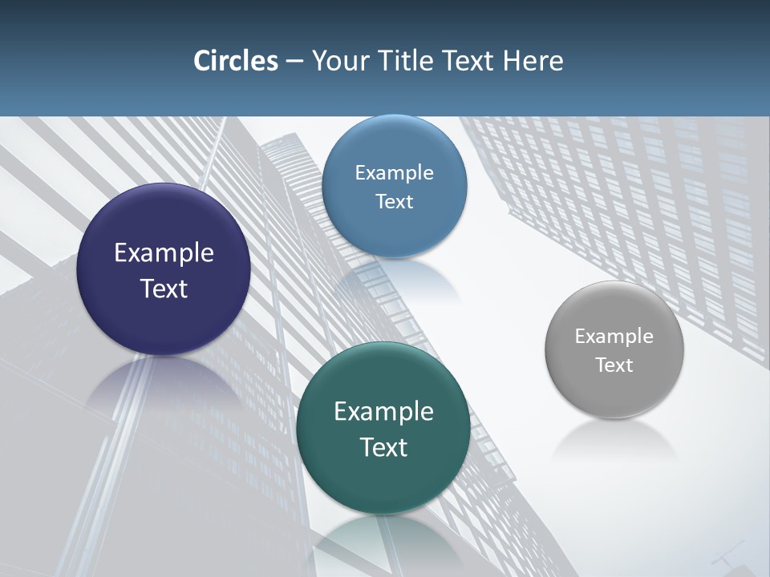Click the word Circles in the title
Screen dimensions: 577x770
[235, 61]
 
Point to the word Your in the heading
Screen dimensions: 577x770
[338, 61]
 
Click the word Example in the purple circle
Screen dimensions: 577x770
[164, 252]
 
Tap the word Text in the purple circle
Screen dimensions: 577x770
[164, 288]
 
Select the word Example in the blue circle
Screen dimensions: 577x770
[394, 172]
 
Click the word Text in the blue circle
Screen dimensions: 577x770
[394, 201]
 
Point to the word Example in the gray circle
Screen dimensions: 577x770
[614, 336]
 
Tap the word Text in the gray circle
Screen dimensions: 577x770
[614, 365]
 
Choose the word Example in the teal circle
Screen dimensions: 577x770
[383, 411]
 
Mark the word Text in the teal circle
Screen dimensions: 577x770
[383, 447]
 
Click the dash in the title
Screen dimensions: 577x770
[294, 62]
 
